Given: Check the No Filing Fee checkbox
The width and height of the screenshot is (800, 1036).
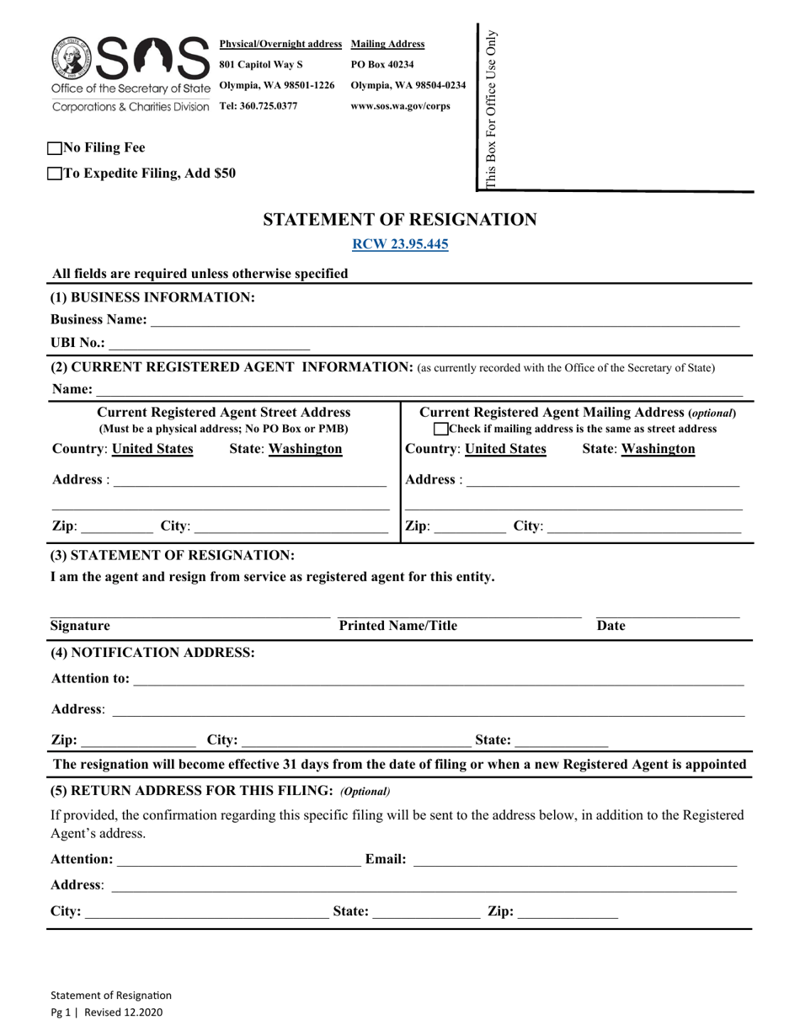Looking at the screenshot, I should (x=56, y=148).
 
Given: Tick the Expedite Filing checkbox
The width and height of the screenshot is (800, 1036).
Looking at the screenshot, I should (x=56, y=174).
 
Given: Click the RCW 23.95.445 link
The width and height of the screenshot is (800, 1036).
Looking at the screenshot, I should (x=400, y=245).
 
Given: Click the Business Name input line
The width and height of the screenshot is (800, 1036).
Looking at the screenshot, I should (x=445, y=320).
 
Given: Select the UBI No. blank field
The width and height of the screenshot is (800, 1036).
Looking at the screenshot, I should (x=209, y=343).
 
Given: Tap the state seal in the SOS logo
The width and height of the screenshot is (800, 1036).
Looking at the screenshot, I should (x=71, y=58).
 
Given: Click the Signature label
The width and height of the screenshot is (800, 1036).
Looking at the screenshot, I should (x=80, y=626).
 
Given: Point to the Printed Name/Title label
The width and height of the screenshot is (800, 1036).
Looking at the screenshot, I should (x=397, y=626).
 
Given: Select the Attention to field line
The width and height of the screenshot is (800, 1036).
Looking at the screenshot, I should (x=438, y=679).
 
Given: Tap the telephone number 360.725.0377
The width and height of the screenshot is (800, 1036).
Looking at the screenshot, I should (x=258, y=106).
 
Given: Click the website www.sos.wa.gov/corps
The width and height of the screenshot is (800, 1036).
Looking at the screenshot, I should (x=400, y=106).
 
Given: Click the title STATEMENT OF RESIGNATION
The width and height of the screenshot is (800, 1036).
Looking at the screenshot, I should (x=400, y=220).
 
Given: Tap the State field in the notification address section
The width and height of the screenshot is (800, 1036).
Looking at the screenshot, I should (x=561, y=741).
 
